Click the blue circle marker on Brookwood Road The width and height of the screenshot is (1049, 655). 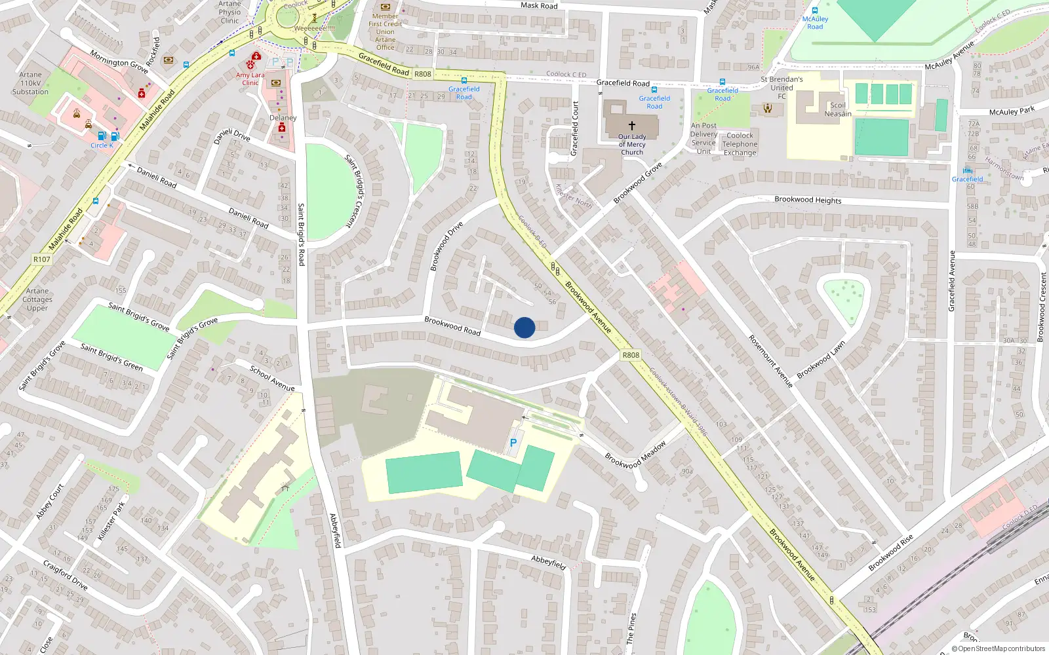pos(524,327)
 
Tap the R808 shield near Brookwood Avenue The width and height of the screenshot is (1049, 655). pos(630,355)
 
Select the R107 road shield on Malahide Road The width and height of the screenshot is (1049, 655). pos(42,259)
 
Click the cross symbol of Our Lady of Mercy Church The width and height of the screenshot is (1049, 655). pos(632,125)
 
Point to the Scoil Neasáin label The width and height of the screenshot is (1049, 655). pos(838,109)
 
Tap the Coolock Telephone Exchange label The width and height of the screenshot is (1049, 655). pos(740,144)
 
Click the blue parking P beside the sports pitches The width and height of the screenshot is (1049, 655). pos(513,443)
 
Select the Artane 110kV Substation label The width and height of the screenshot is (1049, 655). pos(30,83)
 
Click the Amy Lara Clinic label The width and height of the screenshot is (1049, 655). pos(250,79)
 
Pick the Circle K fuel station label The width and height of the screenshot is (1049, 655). pos(102,145)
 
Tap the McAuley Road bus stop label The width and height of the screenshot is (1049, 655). pos(815,23)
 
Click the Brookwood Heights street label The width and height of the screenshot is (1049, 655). pos(808,200)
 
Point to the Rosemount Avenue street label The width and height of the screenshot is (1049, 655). pos(770,361)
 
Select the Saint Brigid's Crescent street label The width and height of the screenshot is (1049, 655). pos(355,191)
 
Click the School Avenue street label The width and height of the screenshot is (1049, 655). pos(272,379)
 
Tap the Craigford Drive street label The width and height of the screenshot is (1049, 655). pos(65,574)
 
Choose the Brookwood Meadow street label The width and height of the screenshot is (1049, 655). pos(635,455)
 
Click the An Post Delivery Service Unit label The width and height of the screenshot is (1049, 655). pos(703,138)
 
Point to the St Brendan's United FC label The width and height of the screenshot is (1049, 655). pos(782,88)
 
